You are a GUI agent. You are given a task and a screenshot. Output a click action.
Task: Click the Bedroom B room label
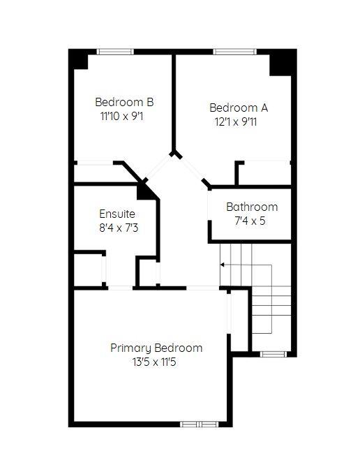[124, 102]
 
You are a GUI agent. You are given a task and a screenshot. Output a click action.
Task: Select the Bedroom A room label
[239, 108]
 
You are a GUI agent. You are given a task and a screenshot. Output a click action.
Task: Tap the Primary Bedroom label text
[156, 348]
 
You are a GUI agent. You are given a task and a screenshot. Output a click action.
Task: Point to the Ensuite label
[117, 214]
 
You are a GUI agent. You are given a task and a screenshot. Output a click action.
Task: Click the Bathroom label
[252, 207]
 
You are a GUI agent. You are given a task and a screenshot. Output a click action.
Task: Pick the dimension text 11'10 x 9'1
[121, 116]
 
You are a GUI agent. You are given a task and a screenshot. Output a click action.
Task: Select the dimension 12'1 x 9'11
[236, 122]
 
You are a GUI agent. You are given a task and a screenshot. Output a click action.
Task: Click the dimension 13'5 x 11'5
[154, 362]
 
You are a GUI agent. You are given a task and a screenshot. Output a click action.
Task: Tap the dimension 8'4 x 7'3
[119, 228]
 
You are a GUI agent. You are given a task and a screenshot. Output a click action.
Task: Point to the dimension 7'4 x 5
[250, 221]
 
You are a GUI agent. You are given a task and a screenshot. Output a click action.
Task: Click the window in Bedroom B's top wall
[115, 52]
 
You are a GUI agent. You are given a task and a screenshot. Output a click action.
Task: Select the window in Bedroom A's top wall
[235, 52]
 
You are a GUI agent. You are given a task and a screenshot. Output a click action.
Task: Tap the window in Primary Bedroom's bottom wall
[200, 424]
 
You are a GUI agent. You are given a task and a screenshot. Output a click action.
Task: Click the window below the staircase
[273, 354]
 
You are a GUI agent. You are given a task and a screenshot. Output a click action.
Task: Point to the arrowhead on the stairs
[223, 265]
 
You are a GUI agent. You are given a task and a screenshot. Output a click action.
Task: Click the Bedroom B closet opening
[95, 163]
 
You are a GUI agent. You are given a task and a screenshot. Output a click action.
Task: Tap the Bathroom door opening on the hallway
[209, 205]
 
